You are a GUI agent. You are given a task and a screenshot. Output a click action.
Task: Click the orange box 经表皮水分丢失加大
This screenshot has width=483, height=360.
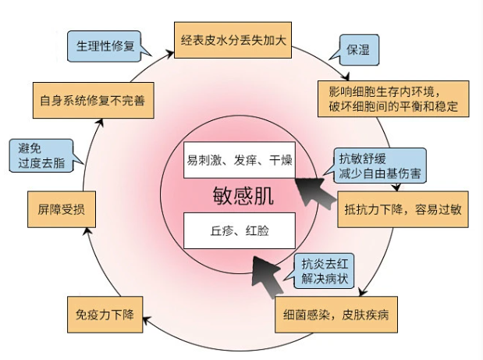(x=232, y=40)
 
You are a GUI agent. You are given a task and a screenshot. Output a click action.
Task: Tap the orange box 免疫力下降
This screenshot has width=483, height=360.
(x=105, y=316)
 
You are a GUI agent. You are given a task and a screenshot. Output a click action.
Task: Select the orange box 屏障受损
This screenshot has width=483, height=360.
(x=62, y=209)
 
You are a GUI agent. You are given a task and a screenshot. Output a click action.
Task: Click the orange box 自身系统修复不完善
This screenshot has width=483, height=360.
(x=93, y=101)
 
